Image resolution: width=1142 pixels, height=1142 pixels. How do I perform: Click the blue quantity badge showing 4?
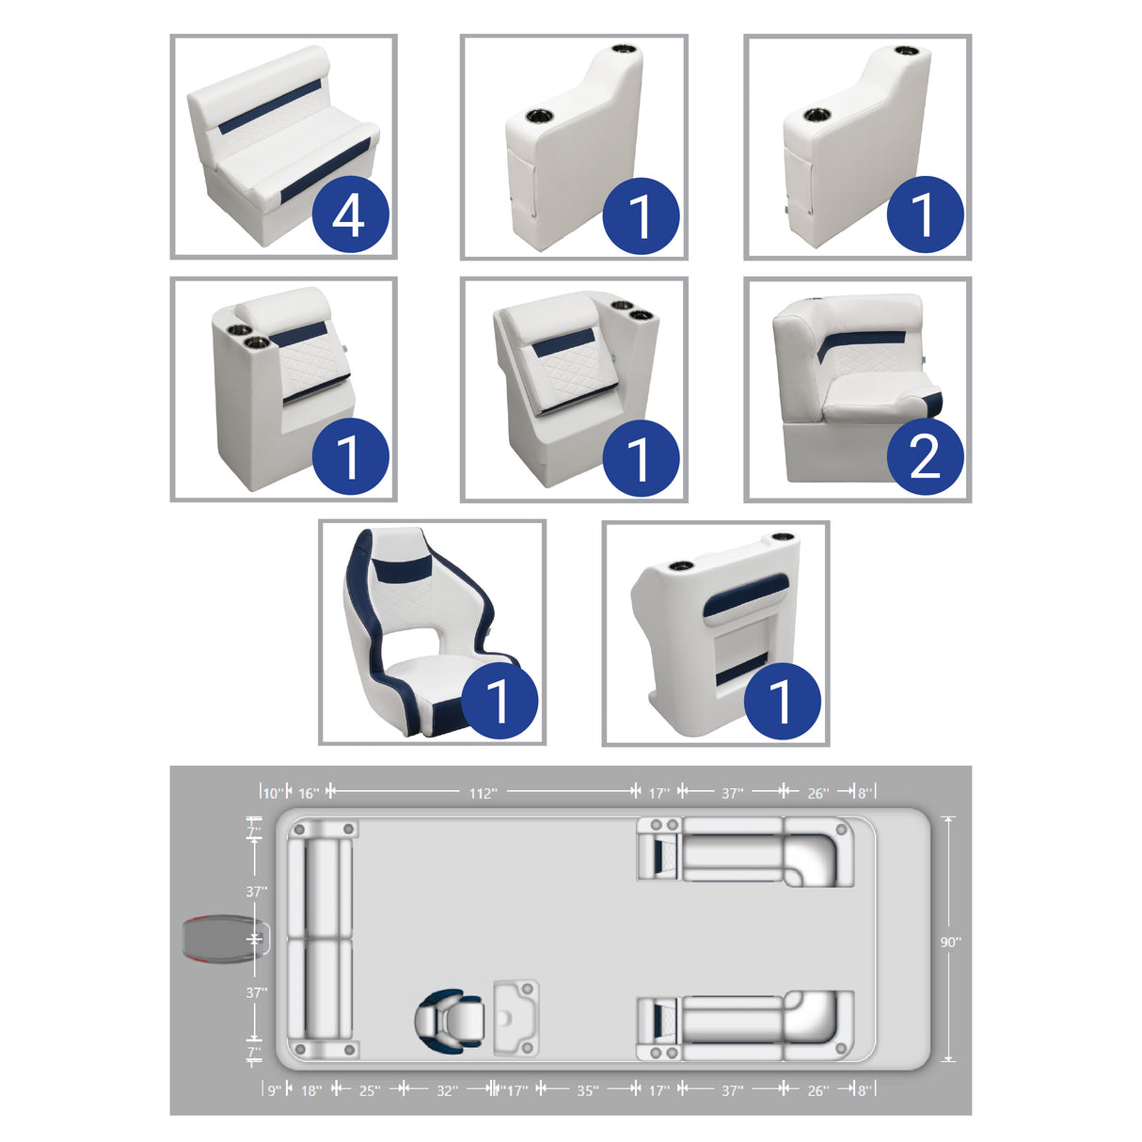coord(350,214)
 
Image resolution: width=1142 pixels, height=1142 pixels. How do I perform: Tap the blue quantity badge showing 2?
coord(925,456)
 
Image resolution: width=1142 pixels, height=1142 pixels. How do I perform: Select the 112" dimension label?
coord(483,793)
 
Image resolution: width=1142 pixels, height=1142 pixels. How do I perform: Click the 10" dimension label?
coord(273,793)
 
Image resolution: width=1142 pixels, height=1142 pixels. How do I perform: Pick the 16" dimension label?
coord(309,793)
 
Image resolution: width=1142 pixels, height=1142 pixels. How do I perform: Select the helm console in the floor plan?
coord(516,1018)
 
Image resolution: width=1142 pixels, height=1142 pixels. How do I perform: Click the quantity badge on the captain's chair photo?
coord(499,701)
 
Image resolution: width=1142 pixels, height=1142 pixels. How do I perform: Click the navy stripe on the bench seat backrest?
coord(270,106)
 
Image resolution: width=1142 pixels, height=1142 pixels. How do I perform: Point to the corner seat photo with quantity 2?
coord(858,389)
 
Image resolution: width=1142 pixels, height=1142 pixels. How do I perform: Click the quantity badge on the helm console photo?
coord(783,701)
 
